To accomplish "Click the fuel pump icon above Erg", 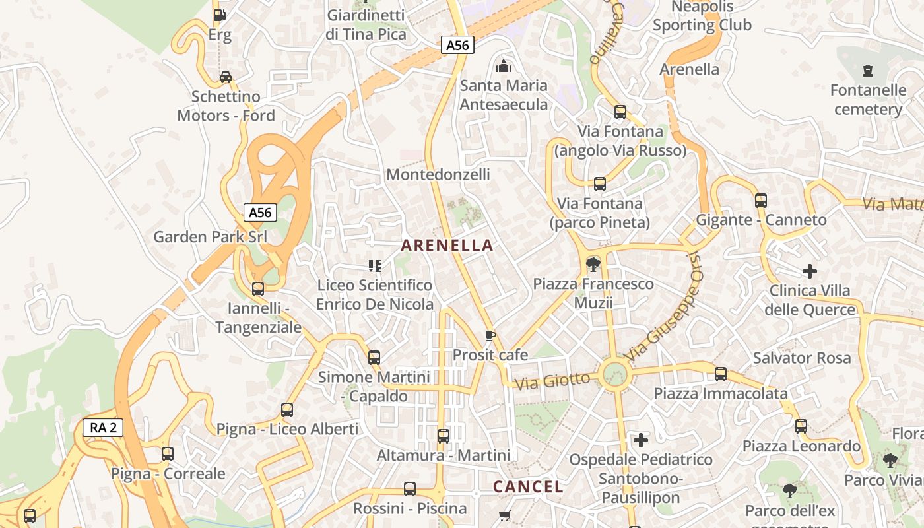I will [x=219, y=15].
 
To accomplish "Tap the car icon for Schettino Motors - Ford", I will [x=226, y=77].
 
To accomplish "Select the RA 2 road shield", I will [x=103, y=428].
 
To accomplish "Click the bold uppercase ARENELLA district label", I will [x=447, y=246].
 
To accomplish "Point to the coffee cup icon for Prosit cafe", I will [x=490, y=335].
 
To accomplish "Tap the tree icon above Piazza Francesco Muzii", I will [x=593, y=265].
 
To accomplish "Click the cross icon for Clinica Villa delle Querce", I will [x=810, y=271].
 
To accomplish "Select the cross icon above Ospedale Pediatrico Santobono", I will [x=640, y=440].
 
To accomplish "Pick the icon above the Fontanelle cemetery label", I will [x=868, y=70].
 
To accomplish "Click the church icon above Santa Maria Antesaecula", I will [x=504, y=65].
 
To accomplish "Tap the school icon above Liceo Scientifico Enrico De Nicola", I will [x=375, y=266].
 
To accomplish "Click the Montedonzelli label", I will [x=438, y=174].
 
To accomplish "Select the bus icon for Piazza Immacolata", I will [x=721, y=374].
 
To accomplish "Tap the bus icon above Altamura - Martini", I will [x=444, y=436].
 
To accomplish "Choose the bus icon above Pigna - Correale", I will [x=168, y=454].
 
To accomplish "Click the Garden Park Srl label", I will [x=210, y=236].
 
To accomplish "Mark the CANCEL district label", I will [x=528, y=487].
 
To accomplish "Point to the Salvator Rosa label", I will [x=802, y=358].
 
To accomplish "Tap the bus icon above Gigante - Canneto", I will [x=761, y=200].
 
